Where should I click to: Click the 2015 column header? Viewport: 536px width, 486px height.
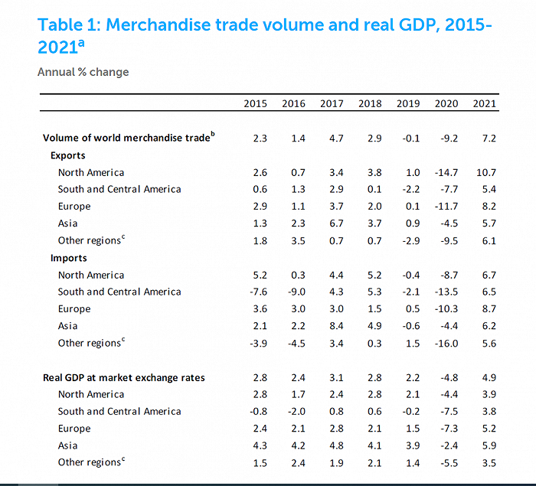click(x=256, y=104)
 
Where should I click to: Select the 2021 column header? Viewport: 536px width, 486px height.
click(x=485, y=104)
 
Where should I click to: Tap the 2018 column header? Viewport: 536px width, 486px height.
click(x=370, y=104)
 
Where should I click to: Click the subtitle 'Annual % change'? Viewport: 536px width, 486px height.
click(x=83, y=72)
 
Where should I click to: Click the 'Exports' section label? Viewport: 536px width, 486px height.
click(x=68, y=155)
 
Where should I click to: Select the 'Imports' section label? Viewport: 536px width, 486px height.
click(x=69, y=258)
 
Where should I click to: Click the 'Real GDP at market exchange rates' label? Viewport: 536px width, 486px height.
click(x=124, y=377)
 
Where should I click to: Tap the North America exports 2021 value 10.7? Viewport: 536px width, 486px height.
click(x=485, y=172)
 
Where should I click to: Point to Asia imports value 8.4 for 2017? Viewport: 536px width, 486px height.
click(x=332, y=326)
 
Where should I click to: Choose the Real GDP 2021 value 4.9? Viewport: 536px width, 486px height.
click(x=488, y=377)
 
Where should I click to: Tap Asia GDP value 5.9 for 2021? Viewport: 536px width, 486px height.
click(x=488, y=445)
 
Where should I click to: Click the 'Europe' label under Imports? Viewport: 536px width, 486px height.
click(x=74, y=309)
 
